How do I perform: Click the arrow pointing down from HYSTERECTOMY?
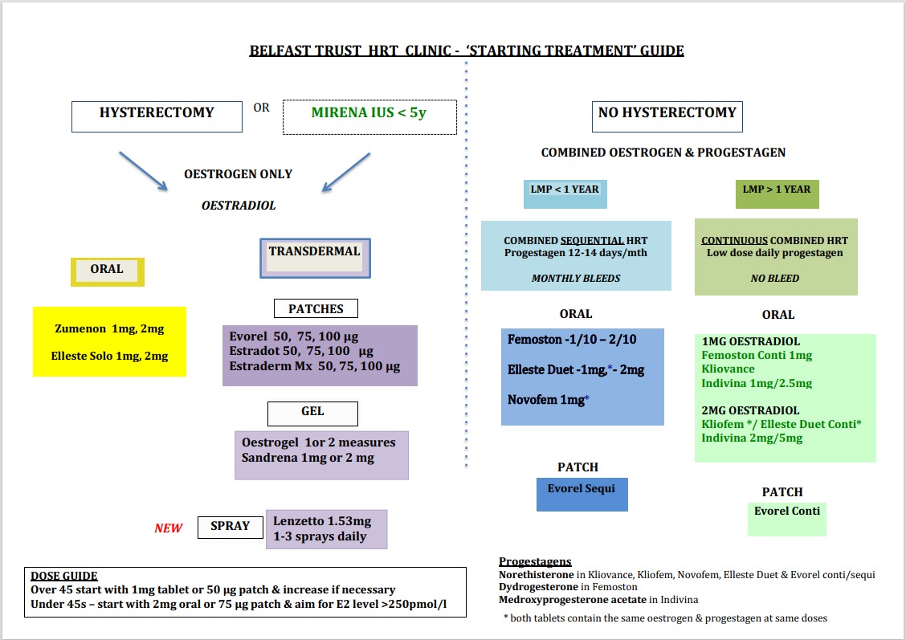point(143,170)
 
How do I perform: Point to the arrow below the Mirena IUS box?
point(345,172)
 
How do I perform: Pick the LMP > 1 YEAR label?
point(776,190)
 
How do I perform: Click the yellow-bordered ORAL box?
point(107,270)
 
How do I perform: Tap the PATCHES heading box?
point(316,308)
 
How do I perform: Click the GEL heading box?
point(312,412)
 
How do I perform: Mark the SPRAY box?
point(230,527)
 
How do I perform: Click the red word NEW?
point(169,528)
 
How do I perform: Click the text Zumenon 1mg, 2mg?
point(109,329)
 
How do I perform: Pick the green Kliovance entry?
point(728,369)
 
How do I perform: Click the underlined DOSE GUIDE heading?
point(64,576)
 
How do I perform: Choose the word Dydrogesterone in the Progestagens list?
point(538,587)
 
